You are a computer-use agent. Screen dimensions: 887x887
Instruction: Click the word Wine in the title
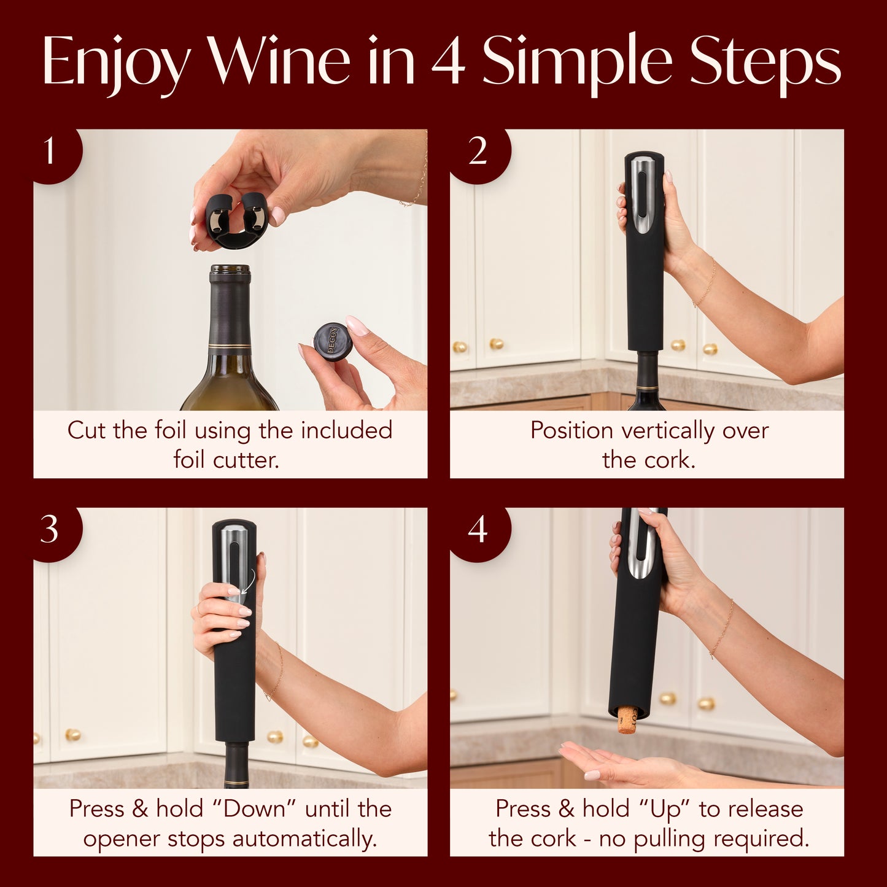tap(279, 61)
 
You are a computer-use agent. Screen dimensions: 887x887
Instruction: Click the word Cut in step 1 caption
tap(85, 430)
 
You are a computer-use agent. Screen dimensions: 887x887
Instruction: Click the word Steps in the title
tap(764, 61)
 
